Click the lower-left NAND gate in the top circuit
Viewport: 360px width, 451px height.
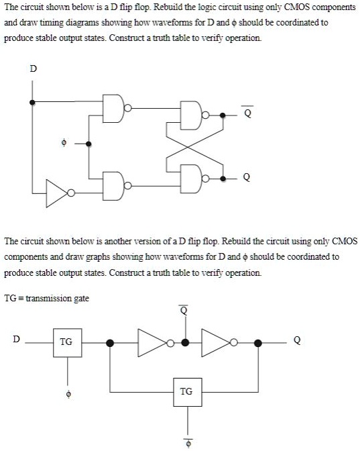coord(113,181)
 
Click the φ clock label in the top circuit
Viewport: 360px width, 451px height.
coord(64,143)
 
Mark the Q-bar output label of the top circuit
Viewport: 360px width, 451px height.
coord(248,112)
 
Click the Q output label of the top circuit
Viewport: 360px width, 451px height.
coord(248,178)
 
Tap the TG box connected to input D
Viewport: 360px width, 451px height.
coord(66,342)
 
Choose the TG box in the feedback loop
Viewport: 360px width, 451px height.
coord(186,391)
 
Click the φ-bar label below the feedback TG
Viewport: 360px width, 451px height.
coord(188,442)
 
